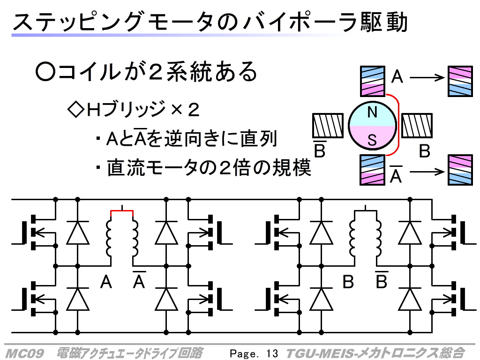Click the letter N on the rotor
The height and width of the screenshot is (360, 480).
coord(372,112)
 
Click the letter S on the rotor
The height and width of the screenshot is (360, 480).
coord(372,140)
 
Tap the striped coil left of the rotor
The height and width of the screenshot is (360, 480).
coord(328,126)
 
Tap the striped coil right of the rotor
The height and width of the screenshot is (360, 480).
coord(417,126)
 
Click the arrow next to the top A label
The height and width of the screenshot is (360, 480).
coord(427,77)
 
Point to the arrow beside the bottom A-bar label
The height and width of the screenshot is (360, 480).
coord(427,172)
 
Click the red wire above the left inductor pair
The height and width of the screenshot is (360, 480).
coord(122,211)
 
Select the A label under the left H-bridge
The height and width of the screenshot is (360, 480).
coord(106,282)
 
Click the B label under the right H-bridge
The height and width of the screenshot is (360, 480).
coord(348,282)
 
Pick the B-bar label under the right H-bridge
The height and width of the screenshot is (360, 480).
coord(382,280)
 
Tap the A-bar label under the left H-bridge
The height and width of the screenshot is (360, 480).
coord(139,280)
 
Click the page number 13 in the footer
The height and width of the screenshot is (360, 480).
coord(272,353)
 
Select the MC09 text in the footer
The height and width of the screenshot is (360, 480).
coord(24,353)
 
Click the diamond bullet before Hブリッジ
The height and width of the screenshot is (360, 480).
coord(75,109)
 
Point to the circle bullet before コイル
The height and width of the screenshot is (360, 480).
coord(45,72)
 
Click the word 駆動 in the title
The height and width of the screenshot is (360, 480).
coord(384,22)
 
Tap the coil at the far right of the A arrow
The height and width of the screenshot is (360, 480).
coord(460,81)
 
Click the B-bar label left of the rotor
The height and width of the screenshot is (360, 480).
coord(320,149)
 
